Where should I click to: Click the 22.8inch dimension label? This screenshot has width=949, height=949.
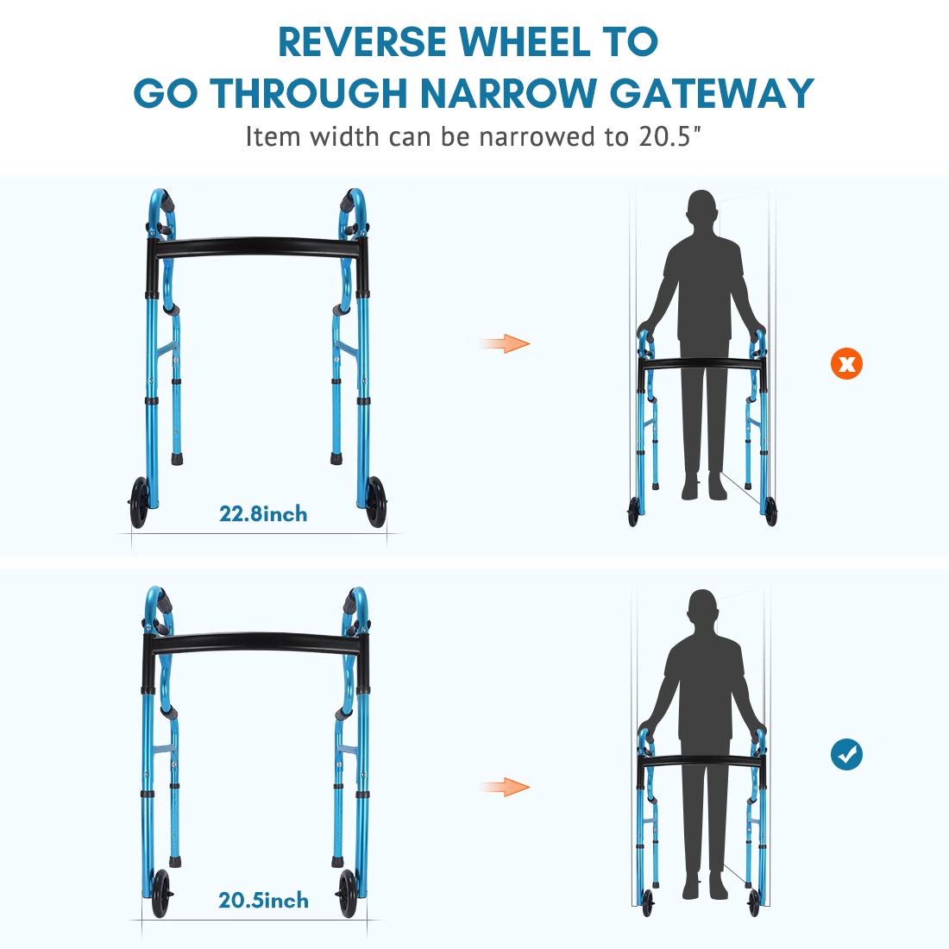[263, 514]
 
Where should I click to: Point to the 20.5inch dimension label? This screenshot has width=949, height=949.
[263, 900]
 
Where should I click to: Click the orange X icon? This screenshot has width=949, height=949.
[846, 364]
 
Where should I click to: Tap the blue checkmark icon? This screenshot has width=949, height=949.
[846, 755]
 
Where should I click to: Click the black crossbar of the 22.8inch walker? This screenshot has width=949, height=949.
[257, 247]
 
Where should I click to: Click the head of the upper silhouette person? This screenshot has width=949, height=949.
[702, 208]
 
